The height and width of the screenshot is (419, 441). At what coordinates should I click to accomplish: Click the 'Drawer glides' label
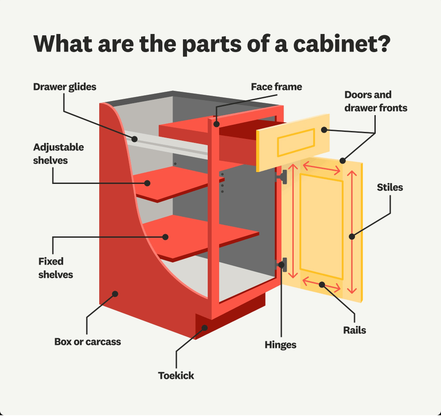pos(64,86)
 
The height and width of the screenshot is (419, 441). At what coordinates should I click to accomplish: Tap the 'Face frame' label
pos(277,86)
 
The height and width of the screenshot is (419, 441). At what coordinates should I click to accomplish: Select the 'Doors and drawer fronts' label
pos(376,101)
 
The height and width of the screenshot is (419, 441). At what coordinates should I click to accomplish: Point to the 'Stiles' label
pos(390,187)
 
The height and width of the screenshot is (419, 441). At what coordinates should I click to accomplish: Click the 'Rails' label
pos(355,330)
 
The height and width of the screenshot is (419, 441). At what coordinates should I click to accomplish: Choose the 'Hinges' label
pos(280,345)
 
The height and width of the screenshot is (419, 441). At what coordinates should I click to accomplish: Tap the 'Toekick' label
pos(176,376)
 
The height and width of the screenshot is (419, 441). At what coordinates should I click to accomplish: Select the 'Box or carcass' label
pos(87,341)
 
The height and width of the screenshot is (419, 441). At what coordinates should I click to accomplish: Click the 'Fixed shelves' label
pos(56,268)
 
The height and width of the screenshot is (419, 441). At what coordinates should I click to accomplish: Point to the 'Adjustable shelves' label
pos(58,153)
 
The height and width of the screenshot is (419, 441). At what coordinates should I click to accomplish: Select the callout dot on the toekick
pos(205,327)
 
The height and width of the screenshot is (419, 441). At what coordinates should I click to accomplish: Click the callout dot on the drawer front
pos(324,130)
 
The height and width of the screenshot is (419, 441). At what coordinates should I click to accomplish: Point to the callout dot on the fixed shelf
pos(166,237)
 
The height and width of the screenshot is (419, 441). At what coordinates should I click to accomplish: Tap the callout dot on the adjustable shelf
pos(149,183)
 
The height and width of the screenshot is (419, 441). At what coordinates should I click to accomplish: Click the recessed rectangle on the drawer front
pos(295,142)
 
